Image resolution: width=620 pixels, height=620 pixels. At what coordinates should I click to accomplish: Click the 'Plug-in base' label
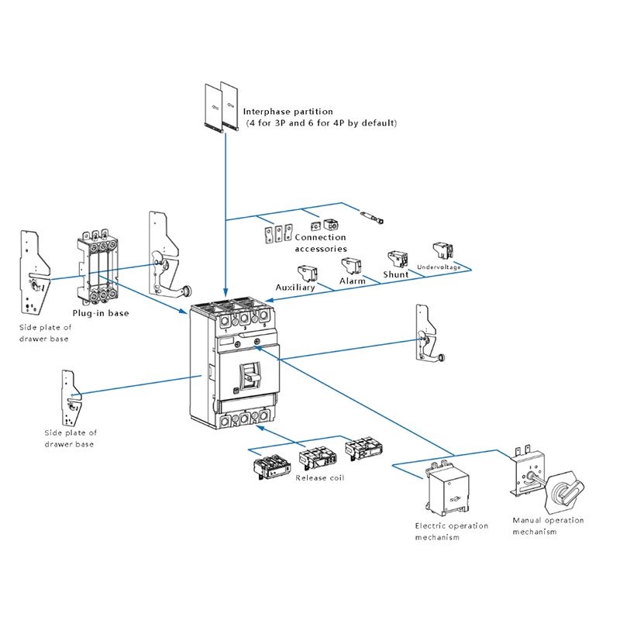(x=101, y=313)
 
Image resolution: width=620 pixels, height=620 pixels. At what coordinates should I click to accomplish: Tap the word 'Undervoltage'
(x=439, y=267)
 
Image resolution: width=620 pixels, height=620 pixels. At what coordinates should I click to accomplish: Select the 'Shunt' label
(x=396, y=274)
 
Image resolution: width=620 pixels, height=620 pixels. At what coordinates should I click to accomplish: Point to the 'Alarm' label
(x=353, y=281)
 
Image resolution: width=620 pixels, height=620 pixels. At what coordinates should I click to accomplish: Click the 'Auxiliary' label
(x=295, y=288)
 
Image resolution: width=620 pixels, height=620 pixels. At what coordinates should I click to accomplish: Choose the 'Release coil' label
(x=320, y=478)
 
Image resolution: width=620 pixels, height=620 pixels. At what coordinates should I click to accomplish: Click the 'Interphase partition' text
(x=288, y=112)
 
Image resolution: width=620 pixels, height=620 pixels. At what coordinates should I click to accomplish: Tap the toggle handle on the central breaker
(x=250, y=375)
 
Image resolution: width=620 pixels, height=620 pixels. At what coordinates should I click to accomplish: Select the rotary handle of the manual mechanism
(x=564, y=491)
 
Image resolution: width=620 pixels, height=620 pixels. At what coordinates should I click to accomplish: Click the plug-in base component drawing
(x=98, y=267)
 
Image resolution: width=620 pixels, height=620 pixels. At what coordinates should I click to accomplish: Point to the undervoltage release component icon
(x=443, y=250)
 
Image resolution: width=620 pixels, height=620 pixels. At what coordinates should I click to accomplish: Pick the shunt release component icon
(x=398, y=260)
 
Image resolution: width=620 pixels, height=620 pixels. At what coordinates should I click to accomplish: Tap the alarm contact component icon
(x=352, y=266)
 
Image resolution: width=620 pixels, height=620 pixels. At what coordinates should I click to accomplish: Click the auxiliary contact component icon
(x=308, y=274)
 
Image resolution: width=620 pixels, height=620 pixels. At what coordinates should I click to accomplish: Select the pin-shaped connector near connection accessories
(x=372, y=218)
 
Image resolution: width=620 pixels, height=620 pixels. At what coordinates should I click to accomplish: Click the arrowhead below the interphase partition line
(x=226, y=293)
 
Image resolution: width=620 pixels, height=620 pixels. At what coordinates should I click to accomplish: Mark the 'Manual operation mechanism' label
(x=548, y=526)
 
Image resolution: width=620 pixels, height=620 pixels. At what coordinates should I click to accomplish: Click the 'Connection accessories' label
(x=321, y=243)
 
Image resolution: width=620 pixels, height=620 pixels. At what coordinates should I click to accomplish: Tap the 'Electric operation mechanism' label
(x=452, y=532)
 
